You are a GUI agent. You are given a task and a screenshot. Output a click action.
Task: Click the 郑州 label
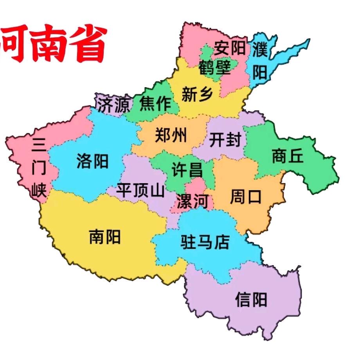171,135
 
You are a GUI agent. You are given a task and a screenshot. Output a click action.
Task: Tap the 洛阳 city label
93,161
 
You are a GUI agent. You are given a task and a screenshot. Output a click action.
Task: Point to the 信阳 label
251,300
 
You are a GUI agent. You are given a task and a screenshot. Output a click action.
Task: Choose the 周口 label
245,197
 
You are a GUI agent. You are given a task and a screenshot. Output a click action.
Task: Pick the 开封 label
225,140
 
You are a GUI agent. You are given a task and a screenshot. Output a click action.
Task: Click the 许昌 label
187,170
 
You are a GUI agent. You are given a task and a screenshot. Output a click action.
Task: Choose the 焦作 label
155,104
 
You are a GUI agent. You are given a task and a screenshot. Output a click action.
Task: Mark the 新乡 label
197,94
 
